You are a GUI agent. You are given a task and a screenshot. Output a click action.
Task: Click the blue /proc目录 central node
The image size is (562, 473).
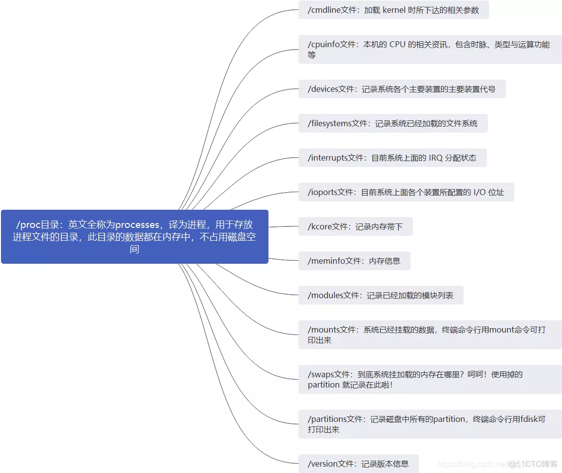point(134,237)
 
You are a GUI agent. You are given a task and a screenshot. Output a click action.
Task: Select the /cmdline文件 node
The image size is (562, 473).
point(393,10)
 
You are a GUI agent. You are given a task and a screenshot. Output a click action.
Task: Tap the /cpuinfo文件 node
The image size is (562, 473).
point(430,49)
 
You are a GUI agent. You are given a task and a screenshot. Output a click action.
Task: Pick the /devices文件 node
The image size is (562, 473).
point(402,89)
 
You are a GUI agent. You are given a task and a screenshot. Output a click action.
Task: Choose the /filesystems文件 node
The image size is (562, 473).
point(392,123)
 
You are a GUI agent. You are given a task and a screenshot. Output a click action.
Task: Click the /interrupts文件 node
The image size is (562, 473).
point(392,158)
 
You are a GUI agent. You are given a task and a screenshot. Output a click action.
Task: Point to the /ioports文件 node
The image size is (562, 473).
point(406,192)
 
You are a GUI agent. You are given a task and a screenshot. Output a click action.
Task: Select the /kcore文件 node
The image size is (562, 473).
point(355,226)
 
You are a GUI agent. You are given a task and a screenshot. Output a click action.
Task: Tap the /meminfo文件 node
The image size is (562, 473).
point(354,261)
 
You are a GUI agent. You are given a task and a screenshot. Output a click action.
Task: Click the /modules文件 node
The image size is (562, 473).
point(381,296)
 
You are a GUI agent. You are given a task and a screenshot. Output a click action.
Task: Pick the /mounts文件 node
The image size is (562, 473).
point(430,334)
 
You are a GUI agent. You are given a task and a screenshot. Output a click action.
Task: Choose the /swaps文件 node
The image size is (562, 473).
point(430,379)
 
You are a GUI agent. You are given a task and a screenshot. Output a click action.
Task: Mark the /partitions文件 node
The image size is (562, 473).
point(430,424)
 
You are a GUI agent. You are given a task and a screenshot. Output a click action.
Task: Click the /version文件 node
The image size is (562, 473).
point(358,464)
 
